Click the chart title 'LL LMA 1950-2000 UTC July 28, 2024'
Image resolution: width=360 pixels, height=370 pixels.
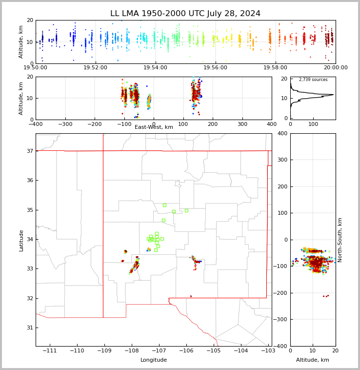point(185,14)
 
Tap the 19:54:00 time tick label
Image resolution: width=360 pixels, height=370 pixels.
point(155,68)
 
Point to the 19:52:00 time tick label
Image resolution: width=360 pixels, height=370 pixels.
point(96,68)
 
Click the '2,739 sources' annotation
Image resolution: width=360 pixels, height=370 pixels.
point(313,80)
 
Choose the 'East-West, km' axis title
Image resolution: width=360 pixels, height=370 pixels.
point(154,127)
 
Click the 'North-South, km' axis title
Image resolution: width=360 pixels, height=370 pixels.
point(340,240)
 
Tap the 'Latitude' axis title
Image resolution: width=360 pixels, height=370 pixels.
point(21,240)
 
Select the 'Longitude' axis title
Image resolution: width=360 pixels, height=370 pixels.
point(154,360)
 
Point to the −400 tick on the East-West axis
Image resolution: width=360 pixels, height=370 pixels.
point(36,124)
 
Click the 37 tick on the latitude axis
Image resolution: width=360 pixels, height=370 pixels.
point(29,151)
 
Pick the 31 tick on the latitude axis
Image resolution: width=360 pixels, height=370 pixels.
point(29,328)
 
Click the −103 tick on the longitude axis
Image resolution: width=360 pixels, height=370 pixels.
point(268,351)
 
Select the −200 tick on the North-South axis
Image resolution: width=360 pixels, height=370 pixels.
point(282,293)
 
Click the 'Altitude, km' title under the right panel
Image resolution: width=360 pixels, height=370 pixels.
point(313,360)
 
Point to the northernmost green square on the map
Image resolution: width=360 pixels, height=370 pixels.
point(164,205)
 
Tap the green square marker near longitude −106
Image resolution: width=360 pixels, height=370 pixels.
point(186,210)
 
